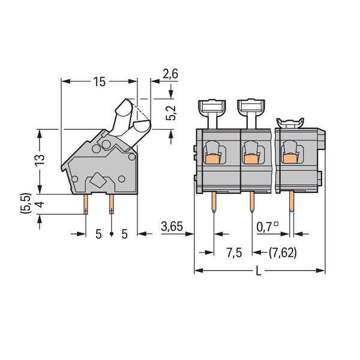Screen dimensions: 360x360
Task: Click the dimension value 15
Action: (99, 82)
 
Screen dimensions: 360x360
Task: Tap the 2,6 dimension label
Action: (170, 74)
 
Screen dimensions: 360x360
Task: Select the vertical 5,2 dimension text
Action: (171, 113)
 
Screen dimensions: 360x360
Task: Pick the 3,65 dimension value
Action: (172, 227)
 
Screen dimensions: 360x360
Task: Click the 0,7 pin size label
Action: (264, 227)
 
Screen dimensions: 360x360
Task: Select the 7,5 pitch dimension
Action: (234, 253)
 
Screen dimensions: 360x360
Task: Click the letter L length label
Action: (259, 271)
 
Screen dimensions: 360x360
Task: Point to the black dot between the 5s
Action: (112, 234)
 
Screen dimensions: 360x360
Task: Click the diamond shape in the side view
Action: (98, 180)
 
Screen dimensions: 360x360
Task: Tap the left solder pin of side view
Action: (86, 204)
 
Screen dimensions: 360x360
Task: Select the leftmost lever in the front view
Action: (212, 113)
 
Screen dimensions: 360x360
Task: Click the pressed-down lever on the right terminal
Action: (290, 123)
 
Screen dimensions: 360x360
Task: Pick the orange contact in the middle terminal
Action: (251, 159)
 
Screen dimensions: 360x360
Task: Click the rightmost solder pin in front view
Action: (292, 202)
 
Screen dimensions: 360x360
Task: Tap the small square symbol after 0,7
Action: (277, 223)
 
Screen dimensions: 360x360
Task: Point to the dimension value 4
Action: (40, 204)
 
